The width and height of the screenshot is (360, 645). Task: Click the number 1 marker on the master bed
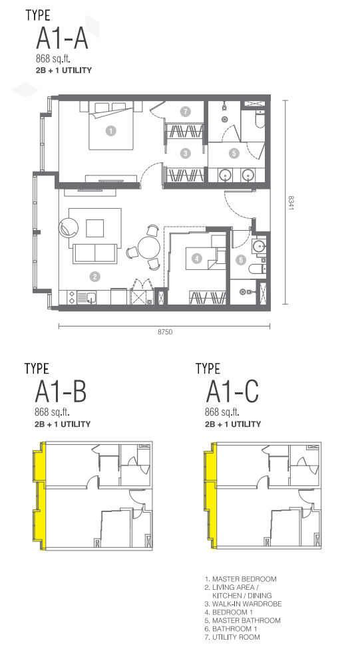[110, 131]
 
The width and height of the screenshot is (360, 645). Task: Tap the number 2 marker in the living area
[95, 277]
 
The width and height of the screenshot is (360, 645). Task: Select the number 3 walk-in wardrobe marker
[186, 154]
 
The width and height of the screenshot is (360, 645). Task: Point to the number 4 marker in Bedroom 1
[198, 258]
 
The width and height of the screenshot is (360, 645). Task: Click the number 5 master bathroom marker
[234, 154]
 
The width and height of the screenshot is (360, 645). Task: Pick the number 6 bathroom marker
[241, 259]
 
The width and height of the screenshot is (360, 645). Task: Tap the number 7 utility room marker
[186, 112]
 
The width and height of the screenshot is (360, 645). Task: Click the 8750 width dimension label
[165, 332]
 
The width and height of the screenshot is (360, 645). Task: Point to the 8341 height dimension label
[291, 203]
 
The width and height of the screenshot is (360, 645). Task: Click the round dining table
[148, 247]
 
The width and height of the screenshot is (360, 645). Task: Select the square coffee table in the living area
[94, 228]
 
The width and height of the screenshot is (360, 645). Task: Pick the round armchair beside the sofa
[69, 226]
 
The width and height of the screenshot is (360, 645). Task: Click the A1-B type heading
[61, 392]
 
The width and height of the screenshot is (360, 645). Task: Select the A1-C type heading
[232, 392]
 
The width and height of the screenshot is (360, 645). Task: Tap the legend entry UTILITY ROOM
[232, 637]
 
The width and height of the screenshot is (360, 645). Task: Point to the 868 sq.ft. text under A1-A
[50, 58]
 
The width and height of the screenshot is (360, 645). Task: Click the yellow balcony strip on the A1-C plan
[210, 495]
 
